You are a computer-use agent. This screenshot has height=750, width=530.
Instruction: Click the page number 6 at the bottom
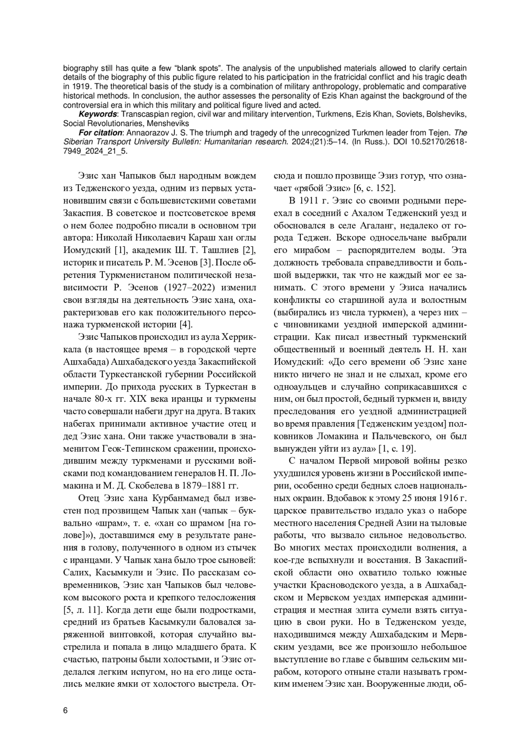pyautogui.click(x=65, y=710)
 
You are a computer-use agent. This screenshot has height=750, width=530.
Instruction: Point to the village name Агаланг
pyautogui.click(x=393, y=225)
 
